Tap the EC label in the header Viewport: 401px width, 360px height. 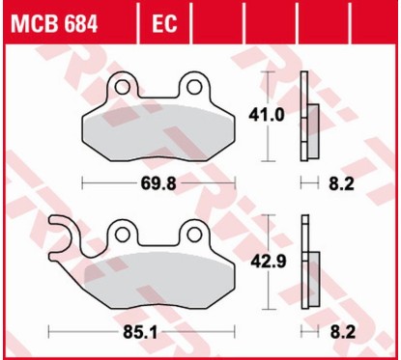(x=165, y=21)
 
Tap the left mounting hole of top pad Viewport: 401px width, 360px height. (x=124, y=89)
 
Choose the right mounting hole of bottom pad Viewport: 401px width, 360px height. (x=193, y=232)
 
